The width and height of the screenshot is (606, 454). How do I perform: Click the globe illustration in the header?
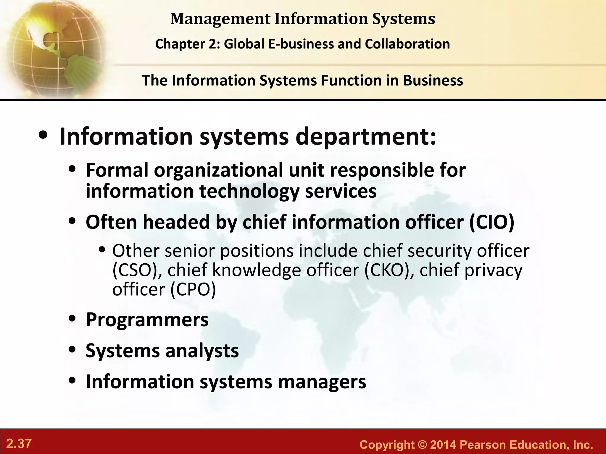(x=53, y=47)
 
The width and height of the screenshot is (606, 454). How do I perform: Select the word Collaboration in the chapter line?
(x=407, y=44)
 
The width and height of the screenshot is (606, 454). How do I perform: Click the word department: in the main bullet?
(x=366, y=137)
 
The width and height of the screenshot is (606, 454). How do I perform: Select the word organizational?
(x=218, y=170)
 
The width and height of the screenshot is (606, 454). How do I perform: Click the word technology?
(x=249, y=191)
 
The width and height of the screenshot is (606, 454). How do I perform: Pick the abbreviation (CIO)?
(x=492, y=222)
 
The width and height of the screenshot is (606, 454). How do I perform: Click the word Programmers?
(x=147, y=320)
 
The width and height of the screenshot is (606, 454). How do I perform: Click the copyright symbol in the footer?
(x=423, y=445)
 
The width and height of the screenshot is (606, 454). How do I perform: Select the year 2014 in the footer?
(x=443, y=445)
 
